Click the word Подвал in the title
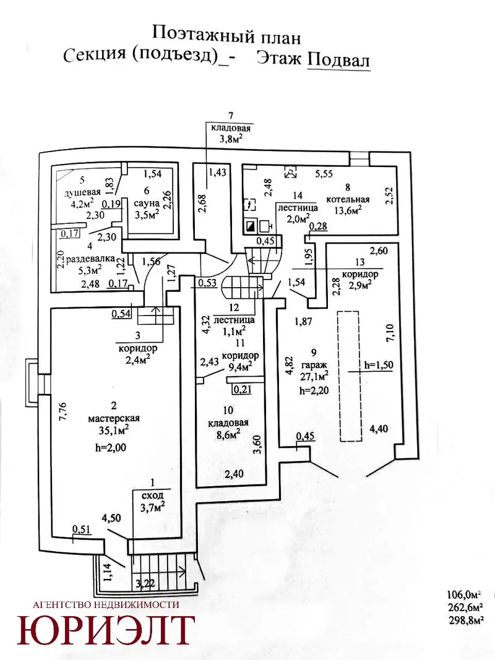click(338, 60)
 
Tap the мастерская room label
click(114, 418)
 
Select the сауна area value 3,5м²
click(147, 214)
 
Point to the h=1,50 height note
click(379, 364)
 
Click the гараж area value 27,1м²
click(314, 375)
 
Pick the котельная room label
click(348, 200)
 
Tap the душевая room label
click(82, 193)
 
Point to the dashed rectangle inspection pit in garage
click(350, 376)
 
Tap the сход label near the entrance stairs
click(152, 495)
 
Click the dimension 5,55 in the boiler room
click(324, 174)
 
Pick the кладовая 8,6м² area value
click(228, 434)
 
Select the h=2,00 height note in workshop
click(111, 447)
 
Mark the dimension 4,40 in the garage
click(379, 429)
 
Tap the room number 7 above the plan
click(230, 115)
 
